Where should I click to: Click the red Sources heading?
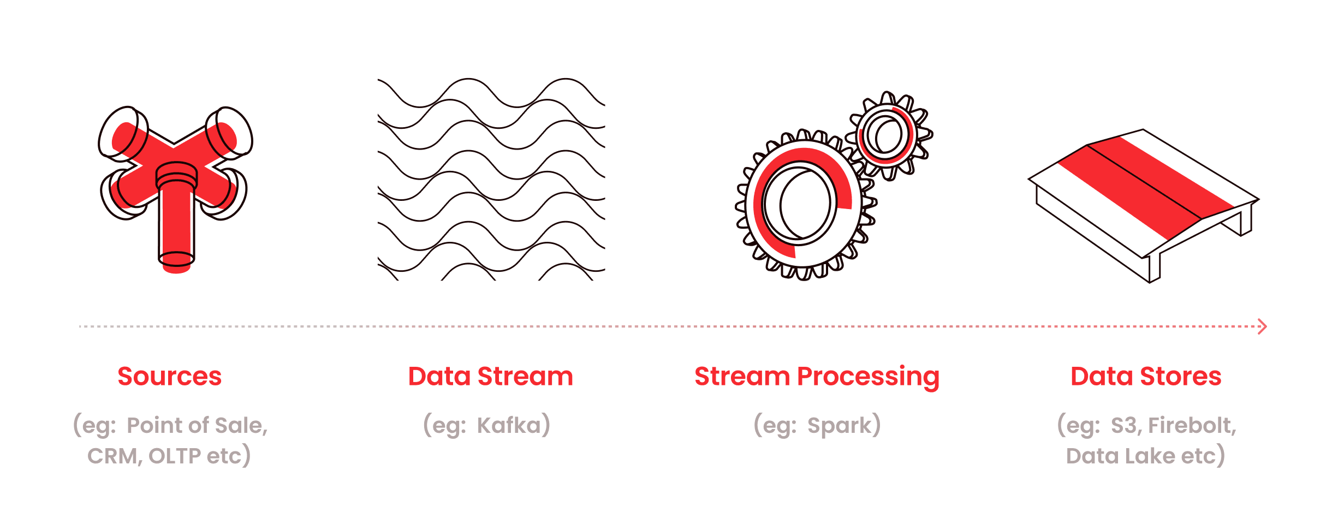point(170,376)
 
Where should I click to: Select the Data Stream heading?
point(491,376)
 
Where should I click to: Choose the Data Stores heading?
point(1146,376)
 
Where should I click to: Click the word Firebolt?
point(1192,426)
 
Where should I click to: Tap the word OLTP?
point(175,456)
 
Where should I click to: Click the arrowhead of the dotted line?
point(1262,326)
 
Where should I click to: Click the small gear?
point(888,135)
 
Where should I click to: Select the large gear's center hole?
point(801,203)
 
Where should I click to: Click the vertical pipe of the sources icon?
point(176,218)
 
